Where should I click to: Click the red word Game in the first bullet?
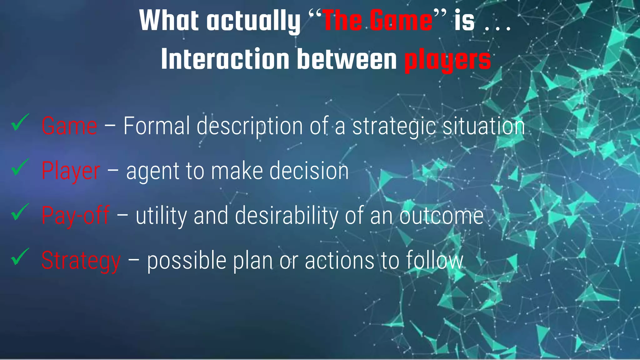point(69,126)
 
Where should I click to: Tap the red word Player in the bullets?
point(71,171)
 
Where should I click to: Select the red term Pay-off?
point(76,216)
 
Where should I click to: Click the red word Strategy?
point(81,261)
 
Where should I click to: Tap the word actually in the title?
point(253,21)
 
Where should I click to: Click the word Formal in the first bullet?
point(157,126)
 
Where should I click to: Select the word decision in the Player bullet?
point(309,171)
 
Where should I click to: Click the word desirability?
point(286,216)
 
